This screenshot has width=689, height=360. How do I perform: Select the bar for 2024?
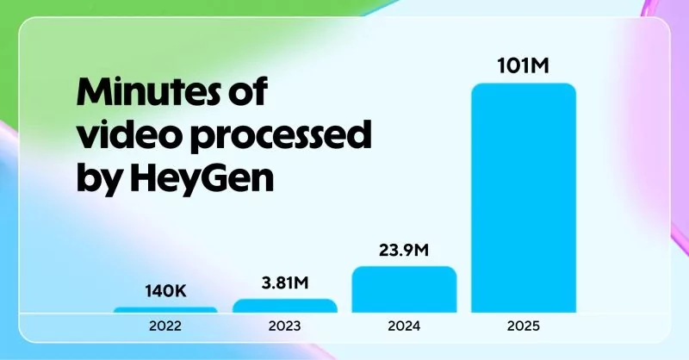tap(404, 289)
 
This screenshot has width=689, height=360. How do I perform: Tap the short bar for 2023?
tap(285, 306)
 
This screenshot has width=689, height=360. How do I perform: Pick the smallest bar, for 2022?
tap(165, 309)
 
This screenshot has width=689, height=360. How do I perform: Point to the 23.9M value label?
tap(404, 251)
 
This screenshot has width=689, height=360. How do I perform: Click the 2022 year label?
tap(165, 327)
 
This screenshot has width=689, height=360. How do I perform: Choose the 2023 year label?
tap(285, 327)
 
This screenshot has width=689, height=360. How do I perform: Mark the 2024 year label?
tap(404, 327)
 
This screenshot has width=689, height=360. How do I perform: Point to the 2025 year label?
tap(523, 327)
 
